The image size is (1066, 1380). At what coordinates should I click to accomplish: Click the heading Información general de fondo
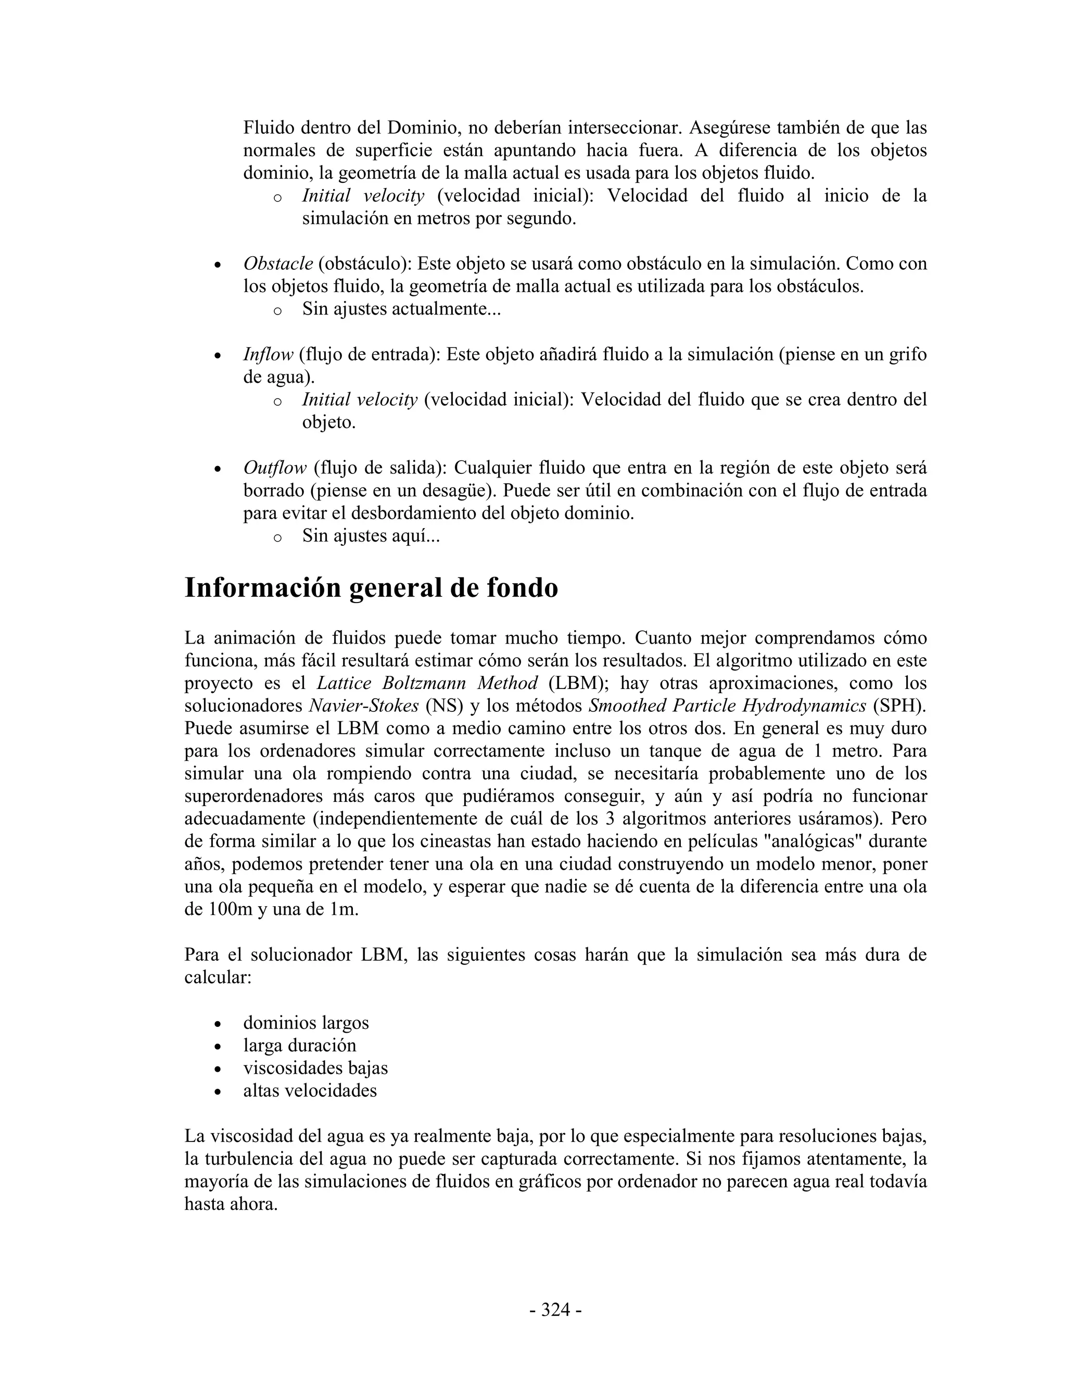[371, 587]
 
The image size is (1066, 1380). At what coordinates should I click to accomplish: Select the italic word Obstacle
[278, 264]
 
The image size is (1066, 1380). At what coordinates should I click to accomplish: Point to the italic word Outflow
[275, 468]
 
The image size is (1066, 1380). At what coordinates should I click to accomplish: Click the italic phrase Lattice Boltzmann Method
[427, 683]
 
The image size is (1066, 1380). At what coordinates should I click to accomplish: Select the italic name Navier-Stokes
[364, 706]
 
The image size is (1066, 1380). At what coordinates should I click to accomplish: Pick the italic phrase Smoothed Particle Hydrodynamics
[727, 706]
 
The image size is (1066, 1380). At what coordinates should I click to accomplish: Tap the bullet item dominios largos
[306, 1022]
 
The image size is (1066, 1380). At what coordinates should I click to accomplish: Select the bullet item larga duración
[299, 1045]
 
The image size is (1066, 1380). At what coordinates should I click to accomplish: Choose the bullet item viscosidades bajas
[315, 1068]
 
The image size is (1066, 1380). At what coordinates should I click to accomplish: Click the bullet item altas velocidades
[310, 1090]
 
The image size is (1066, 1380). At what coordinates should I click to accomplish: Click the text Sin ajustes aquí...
[371, 536]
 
